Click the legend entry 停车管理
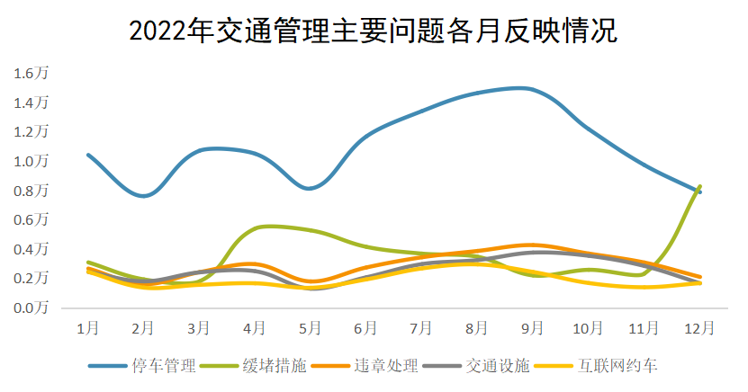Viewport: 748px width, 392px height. pos(163,366)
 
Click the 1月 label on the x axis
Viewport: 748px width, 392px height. pos(87,328)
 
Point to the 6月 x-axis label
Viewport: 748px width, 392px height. pos(365,328)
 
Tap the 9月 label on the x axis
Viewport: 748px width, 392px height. pos(533,328)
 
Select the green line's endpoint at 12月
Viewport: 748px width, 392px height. pos(700,187)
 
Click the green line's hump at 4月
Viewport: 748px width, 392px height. pos(266,227)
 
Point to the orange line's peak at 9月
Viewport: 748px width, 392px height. pos(533,245)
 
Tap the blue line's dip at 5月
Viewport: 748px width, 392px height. pos(311,188)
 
